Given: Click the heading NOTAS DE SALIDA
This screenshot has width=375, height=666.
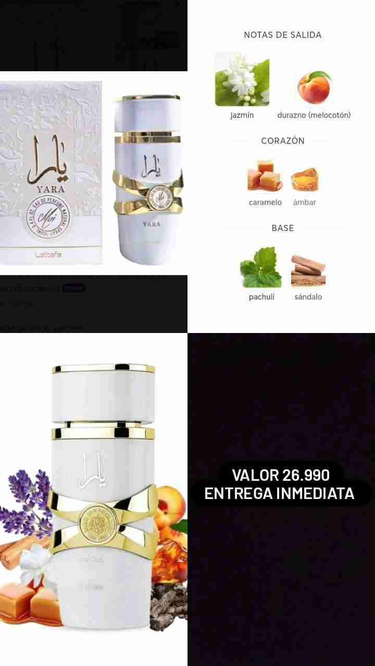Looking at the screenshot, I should tap(282, 35).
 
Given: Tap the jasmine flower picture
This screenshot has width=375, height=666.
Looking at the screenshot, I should tap(242, 79).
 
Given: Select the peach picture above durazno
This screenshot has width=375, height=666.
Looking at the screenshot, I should tap(314, 87).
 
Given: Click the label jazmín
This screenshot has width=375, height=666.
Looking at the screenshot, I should tap(242, 115).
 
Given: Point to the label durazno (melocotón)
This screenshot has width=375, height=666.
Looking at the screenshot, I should tap(314, 115).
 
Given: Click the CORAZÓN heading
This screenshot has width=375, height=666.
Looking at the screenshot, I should tap(282, 140).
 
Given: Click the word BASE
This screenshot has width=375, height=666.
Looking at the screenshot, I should tap(282, 228).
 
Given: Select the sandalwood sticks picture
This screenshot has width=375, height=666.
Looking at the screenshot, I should tap(308, 269).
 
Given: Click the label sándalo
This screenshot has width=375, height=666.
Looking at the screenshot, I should tap(308, 297).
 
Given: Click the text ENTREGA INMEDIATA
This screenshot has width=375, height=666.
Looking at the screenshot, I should tap(279, 493).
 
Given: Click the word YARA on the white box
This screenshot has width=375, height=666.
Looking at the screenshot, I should tap(51, 189).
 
